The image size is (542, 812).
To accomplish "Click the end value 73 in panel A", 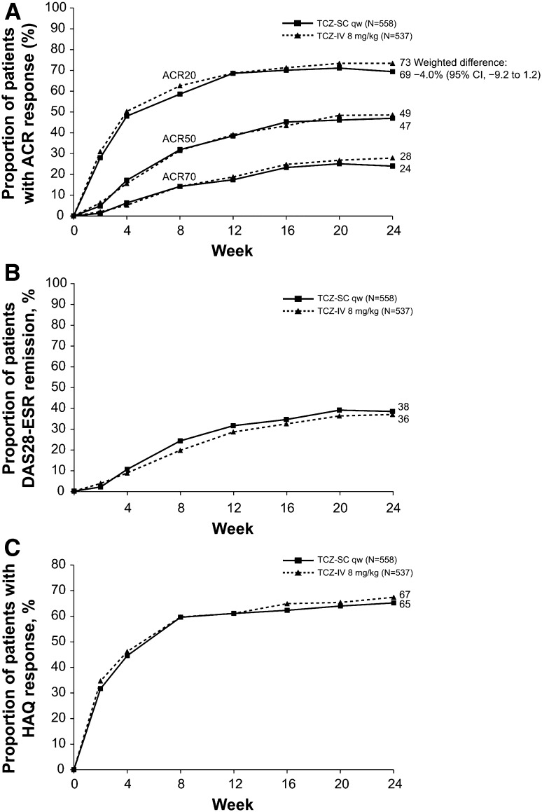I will (409, 62).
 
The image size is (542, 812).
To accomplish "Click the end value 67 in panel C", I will (405, 595).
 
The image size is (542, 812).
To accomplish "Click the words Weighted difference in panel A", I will (461, 62).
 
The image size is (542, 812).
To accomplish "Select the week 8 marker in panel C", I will (181, 617).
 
